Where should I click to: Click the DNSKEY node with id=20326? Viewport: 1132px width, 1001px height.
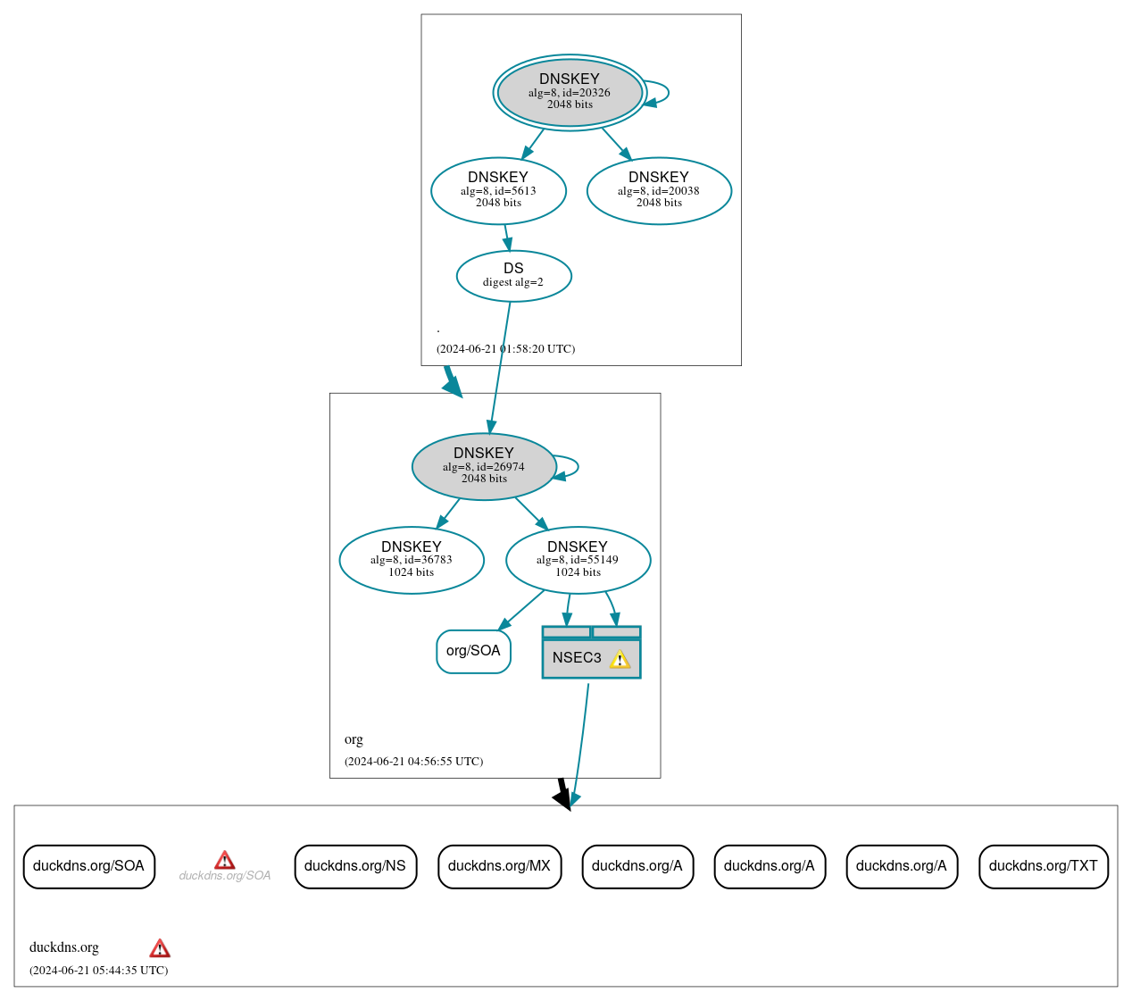point(570,92)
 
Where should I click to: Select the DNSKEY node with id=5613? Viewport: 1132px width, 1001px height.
point(498,190)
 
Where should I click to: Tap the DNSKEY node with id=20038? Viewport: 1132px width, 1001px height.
point(659,190)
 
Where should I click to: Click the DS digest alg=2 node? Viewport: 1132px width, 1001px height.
point(513,275)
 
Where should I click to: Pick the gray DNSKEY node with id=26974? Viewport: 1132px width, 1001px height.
point(484,466)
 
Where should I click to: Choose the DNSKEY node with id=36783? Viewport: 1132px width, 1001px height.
point(412,560)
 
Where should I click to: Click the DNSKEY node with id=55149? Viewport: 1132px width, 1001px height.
point(578,560)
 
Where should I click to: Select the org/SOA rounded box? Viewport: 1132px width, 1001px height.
point(473,651)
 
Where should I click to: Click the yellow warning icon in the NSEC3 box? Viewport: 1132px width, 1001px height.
point(620,659)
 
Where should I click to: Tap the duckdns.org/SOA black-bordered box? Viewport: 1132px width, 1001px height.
point(88,866)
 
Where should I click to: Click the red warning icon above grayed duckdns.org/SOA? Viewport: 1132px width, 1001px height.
point(225,860)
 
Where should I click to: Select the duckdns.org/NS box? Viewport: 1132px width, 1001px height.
point(355,866)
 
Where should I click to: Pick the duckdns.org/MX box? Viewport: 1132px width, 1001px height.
point(499,866)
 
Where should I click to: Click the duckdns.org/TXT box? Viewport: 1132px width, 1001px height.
point(1043,866)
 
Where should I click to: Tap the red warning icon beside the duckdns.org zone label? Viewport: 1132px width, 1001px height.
point(160,948)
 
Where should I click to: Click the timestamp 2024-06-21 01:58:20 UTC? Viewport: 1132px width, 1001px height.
point(505,349)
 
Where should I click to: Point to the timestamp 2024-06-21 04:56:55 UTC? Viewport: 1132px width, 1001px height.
point(413,762)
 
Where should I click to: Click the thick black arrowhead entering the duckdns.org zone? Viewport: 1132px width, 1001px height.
point(562,797)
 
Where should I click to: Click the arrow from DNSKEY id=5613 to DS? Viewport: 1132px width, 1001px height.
point(506,237)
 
